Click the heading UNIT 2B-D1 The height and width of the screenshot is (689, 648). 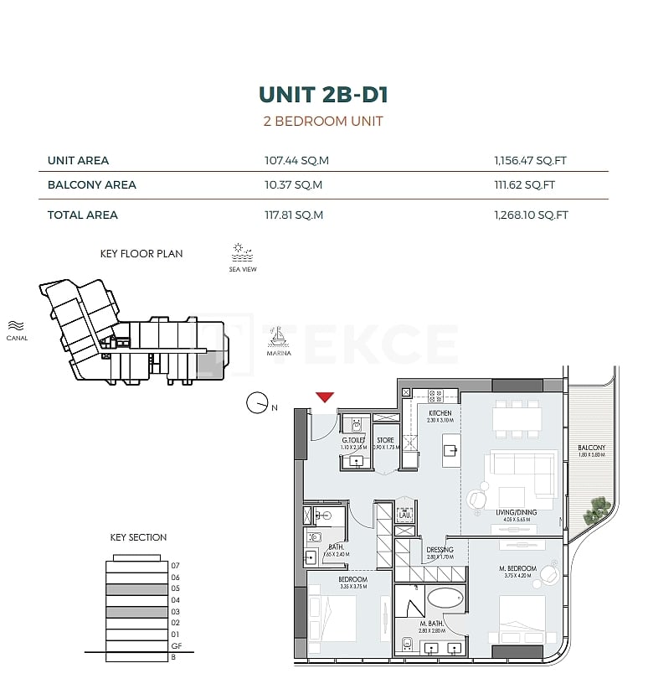coord(323,95)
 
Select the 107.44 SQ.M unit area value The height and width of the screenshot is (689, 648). coord(294,160)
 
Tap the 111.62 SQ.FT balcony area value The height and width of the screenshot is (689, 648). coord(525,185)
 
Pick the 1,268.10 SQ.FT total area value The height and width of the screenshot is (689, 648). coord(532,215)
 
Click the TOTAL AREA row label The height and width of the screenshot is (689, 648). coord(83,215)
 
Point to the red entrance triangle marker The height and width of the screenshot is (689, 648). coord(325,396)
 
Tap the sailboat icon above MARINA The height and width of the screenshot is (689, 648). coord(278,336)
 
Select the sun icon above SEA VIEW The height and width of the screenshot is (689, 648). coord(241,250)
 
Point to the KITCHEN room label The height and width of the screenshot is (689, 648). coord(440,413)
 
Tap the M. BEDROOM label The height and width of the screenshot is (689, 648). coord(512,569)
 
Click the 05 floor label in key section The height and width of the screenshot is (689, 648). coord(175,588)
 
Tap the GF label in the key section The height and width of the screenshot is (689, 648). coord(176,646)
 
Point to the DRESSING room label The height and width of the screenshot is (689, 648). coord(440,551)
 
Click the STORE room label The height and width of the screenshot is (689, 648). coord(385,440)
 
